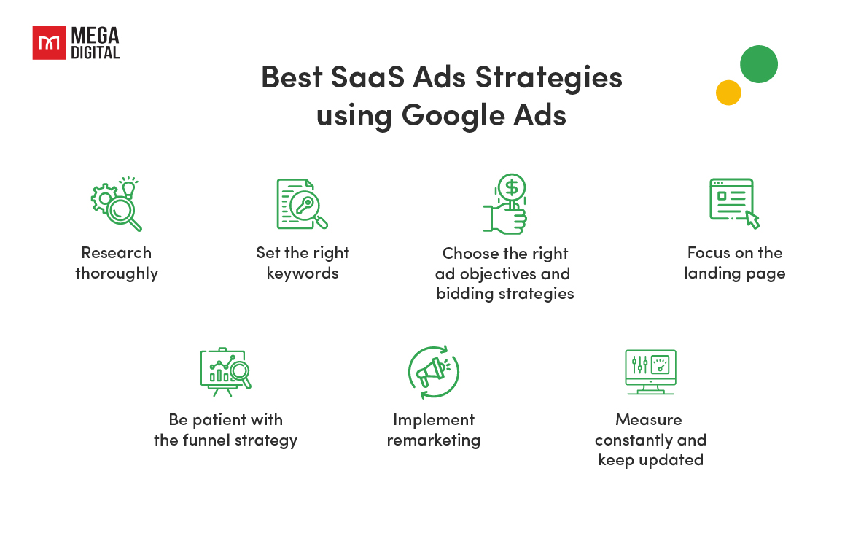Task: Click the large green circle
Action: coord(758,64)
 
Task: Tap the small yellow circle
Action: coord(728,93)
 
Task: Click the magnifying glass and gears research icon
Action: coord(117,204)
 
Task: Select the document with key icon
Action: coord(301,204)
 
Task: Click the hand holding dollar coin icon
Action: coord(505,204)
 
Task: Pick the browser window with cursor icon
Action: coord(733,203)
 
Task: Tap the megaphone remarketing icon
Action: coord(433,372)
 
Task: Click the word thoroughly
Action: coord(117,273)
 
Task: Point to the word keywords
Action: coord(303,273)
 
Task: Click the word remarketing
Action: coord(433,440)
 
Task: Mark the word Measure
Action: coord(649,420)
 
